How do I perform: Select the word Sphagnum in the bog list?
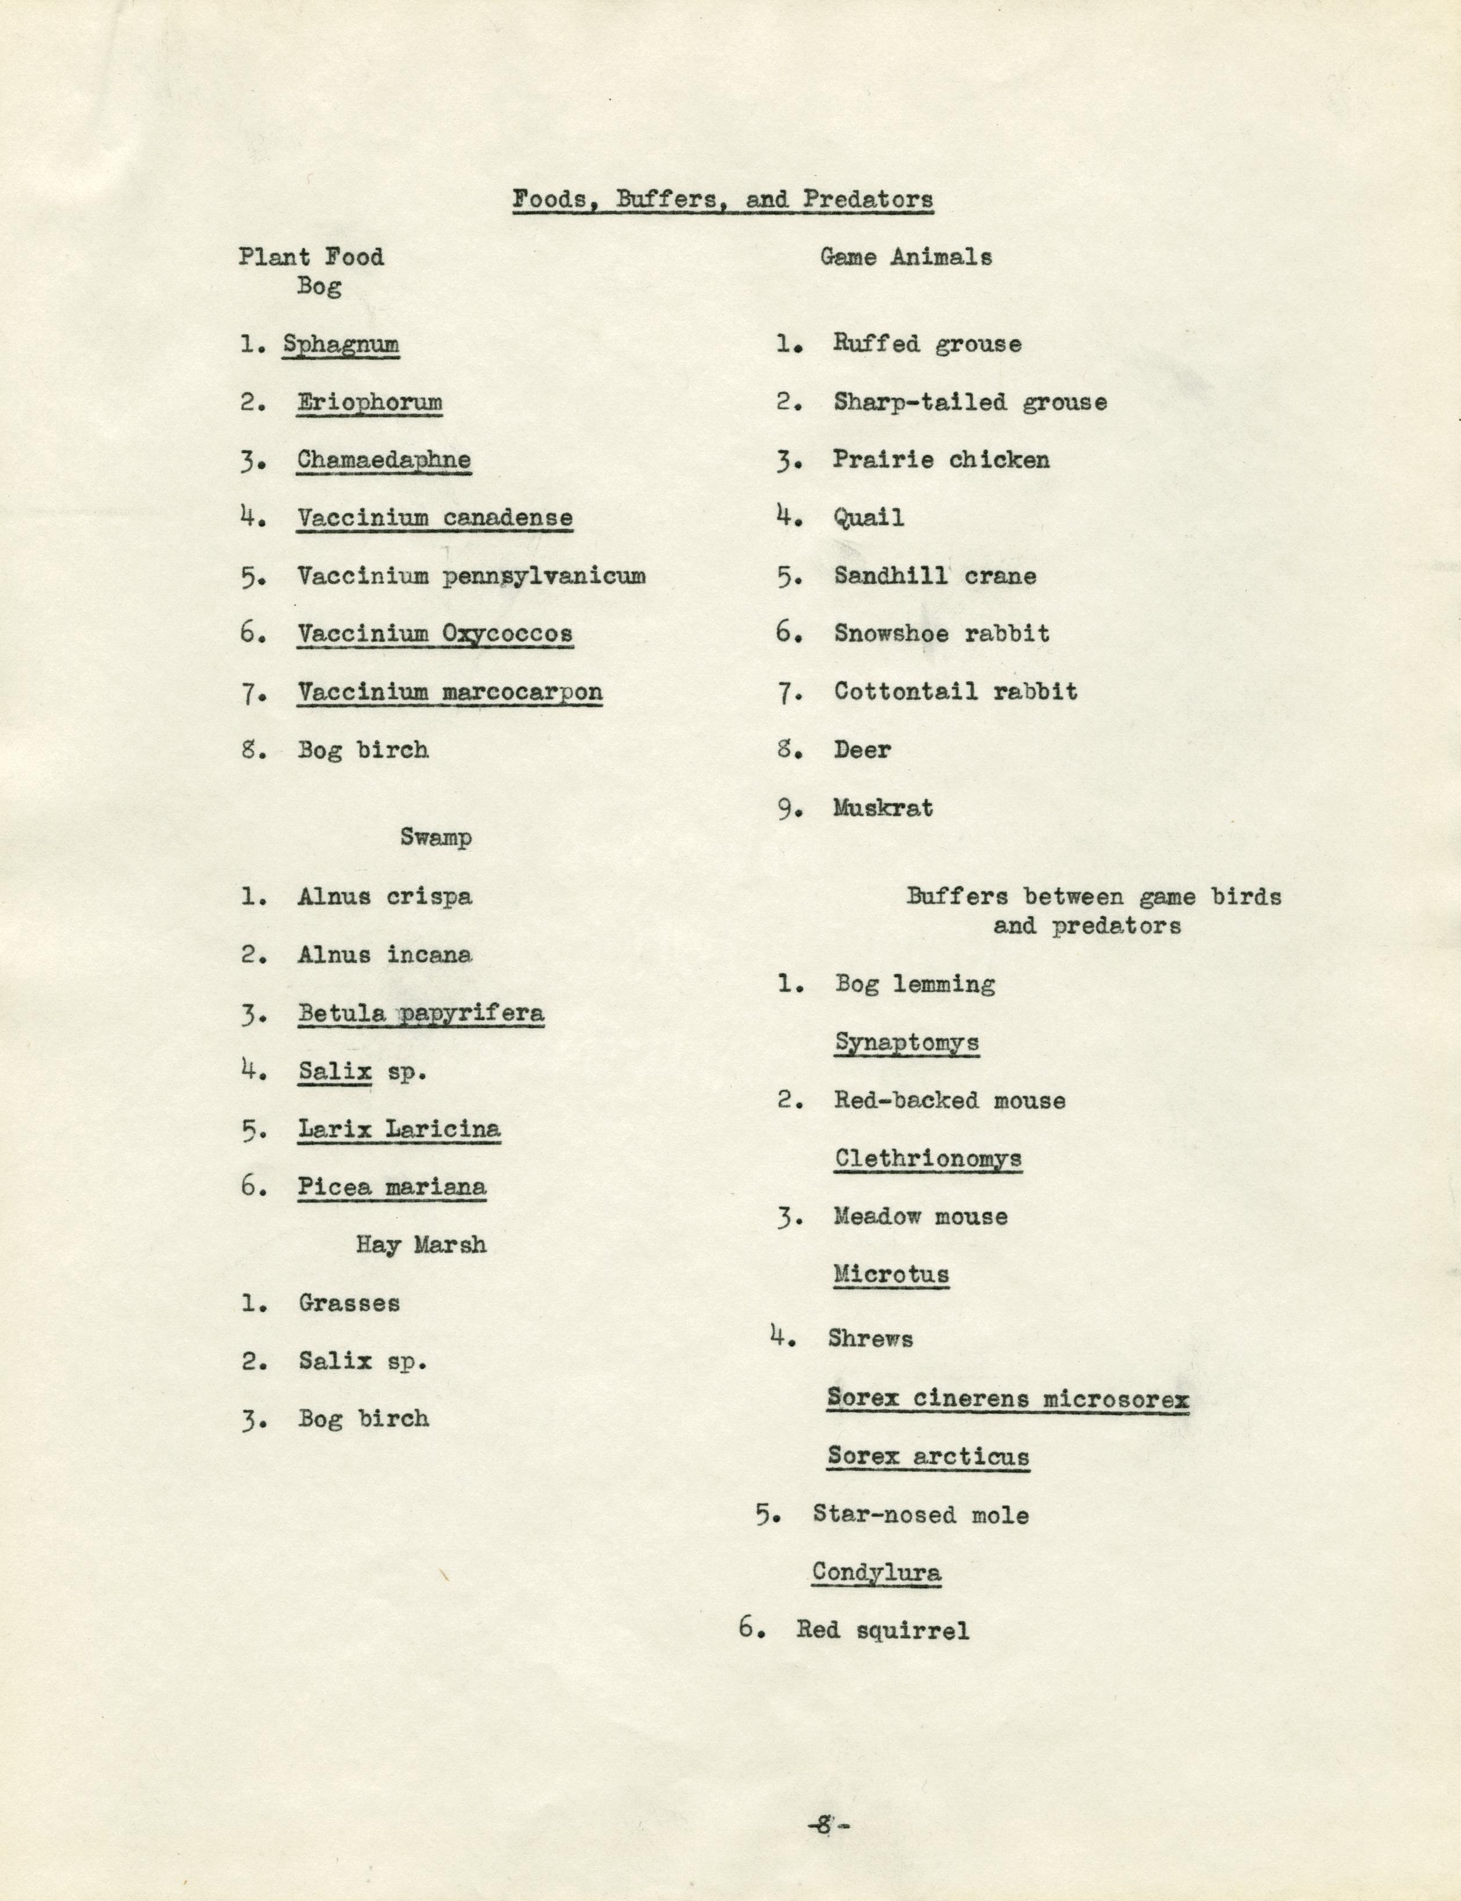(341, 344)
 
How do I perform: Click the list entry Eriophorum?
(370, 402)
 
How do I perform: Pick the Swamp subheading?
(436, 838)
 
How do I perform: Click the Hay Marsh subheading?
(421, 1245)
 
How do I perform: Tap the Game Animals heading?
(905, 257)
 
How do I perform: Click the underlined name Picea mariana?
(392, 1187)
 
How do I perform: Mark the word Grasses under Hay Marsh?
(349, 1303)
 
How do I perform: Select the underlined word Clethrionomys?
(928, 1159)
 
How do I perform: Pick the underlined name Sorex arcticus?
(928, 1456)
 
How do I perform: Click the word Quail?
(869, 518)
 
